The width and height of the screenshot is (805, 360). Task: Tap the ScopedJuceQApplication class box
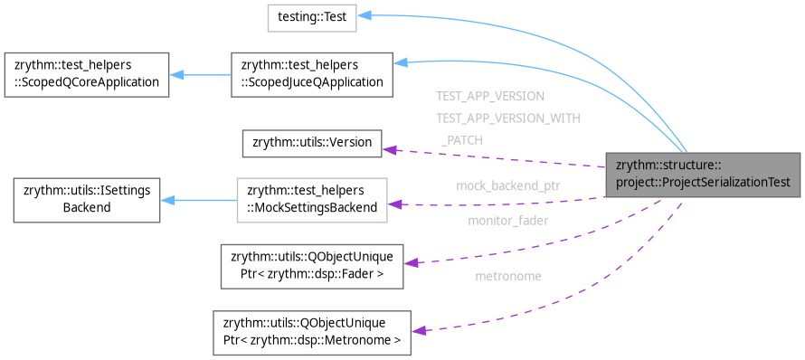coord(311,75)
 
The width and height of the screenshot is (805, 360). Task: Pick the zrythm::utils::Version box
coord(312,143)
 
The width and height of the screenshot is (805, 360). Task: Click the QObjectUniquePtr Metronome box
coord(311,333)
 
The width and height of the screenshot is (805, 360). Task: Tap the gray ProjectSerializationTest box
coord(703,174)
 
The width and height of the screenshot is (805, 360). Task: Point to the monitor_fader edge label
coord(507,220)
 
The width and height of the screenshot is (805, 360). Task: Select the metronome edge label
coord(507,275)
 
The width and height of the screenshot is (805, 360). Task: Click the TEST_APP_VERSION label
coord(489,95)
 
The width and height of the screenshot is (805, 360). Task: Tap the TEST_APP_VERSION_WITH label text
coord(507,118)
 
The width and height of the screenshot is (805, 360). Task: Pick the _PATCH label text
coord(461,140)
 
